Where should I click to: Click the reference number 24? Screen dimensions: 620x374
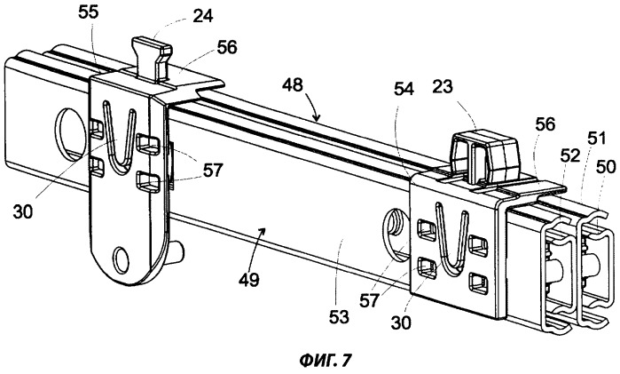pos(203,16)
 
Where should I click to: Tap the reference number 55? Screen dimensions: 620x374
pos(88,12)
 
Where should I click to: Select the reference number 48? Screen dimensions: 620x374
pos(292,84)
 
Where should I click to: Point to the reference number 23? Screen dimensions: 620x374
pos(443,86)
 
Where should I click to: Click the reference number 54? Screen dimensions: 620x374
pos(404,89)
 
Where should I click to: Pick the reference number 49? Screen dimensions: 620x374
pos(248,280)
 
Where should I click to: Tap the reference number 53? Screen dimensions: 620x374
pos(339,317)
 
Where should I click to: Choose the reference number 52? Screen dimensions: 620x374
pos(569,155)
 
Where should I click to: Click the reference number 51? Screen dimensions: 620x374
pos(596,139)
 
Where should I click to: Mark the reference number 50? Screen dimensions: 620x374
pos(606,167)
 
